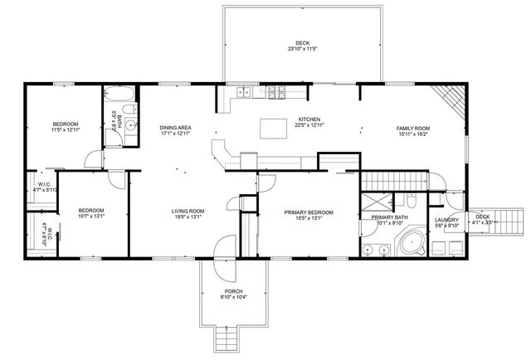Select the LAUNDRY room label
446,220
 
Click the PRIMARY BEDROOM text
309,212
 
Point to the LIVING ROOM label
188,211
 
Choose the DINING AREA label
176,127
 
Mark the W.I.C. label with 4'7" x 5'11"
44,190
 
